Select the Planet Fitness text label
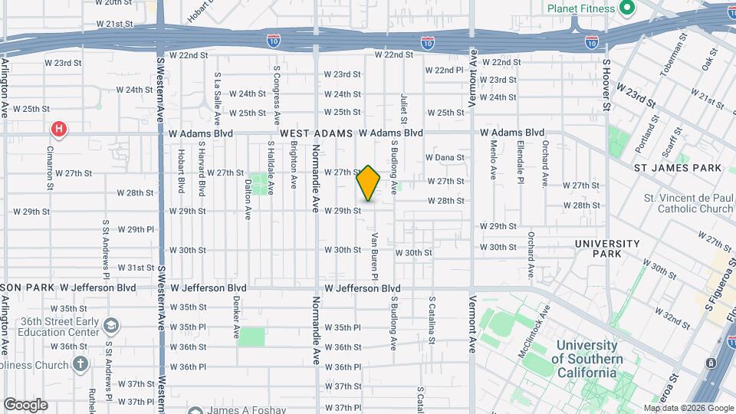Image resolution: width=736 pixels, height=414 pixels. point(581,8)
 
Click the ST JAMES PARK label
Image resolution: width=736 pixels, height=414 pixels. point(678,167)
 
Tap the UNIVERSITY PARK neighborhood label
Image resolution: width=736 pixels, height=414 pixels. point(608,248)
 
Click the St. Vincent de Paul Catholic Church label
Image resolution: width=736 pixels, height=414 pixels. point(688,203)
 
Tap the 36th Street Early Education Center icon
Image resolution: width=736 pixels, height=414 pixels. point(112,325)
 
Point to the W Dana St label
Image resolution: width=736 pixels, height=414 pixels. point(445,157)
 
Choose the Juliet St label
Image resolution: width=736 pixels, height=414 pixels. point(403,108)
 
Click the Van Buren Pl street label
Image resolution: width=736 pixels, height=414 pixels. point(376,251)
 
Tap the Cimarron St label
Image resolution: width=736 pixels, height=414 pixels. point(51,169)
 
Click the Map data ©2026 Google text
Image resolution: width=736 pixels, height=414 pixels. point(689,408)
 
